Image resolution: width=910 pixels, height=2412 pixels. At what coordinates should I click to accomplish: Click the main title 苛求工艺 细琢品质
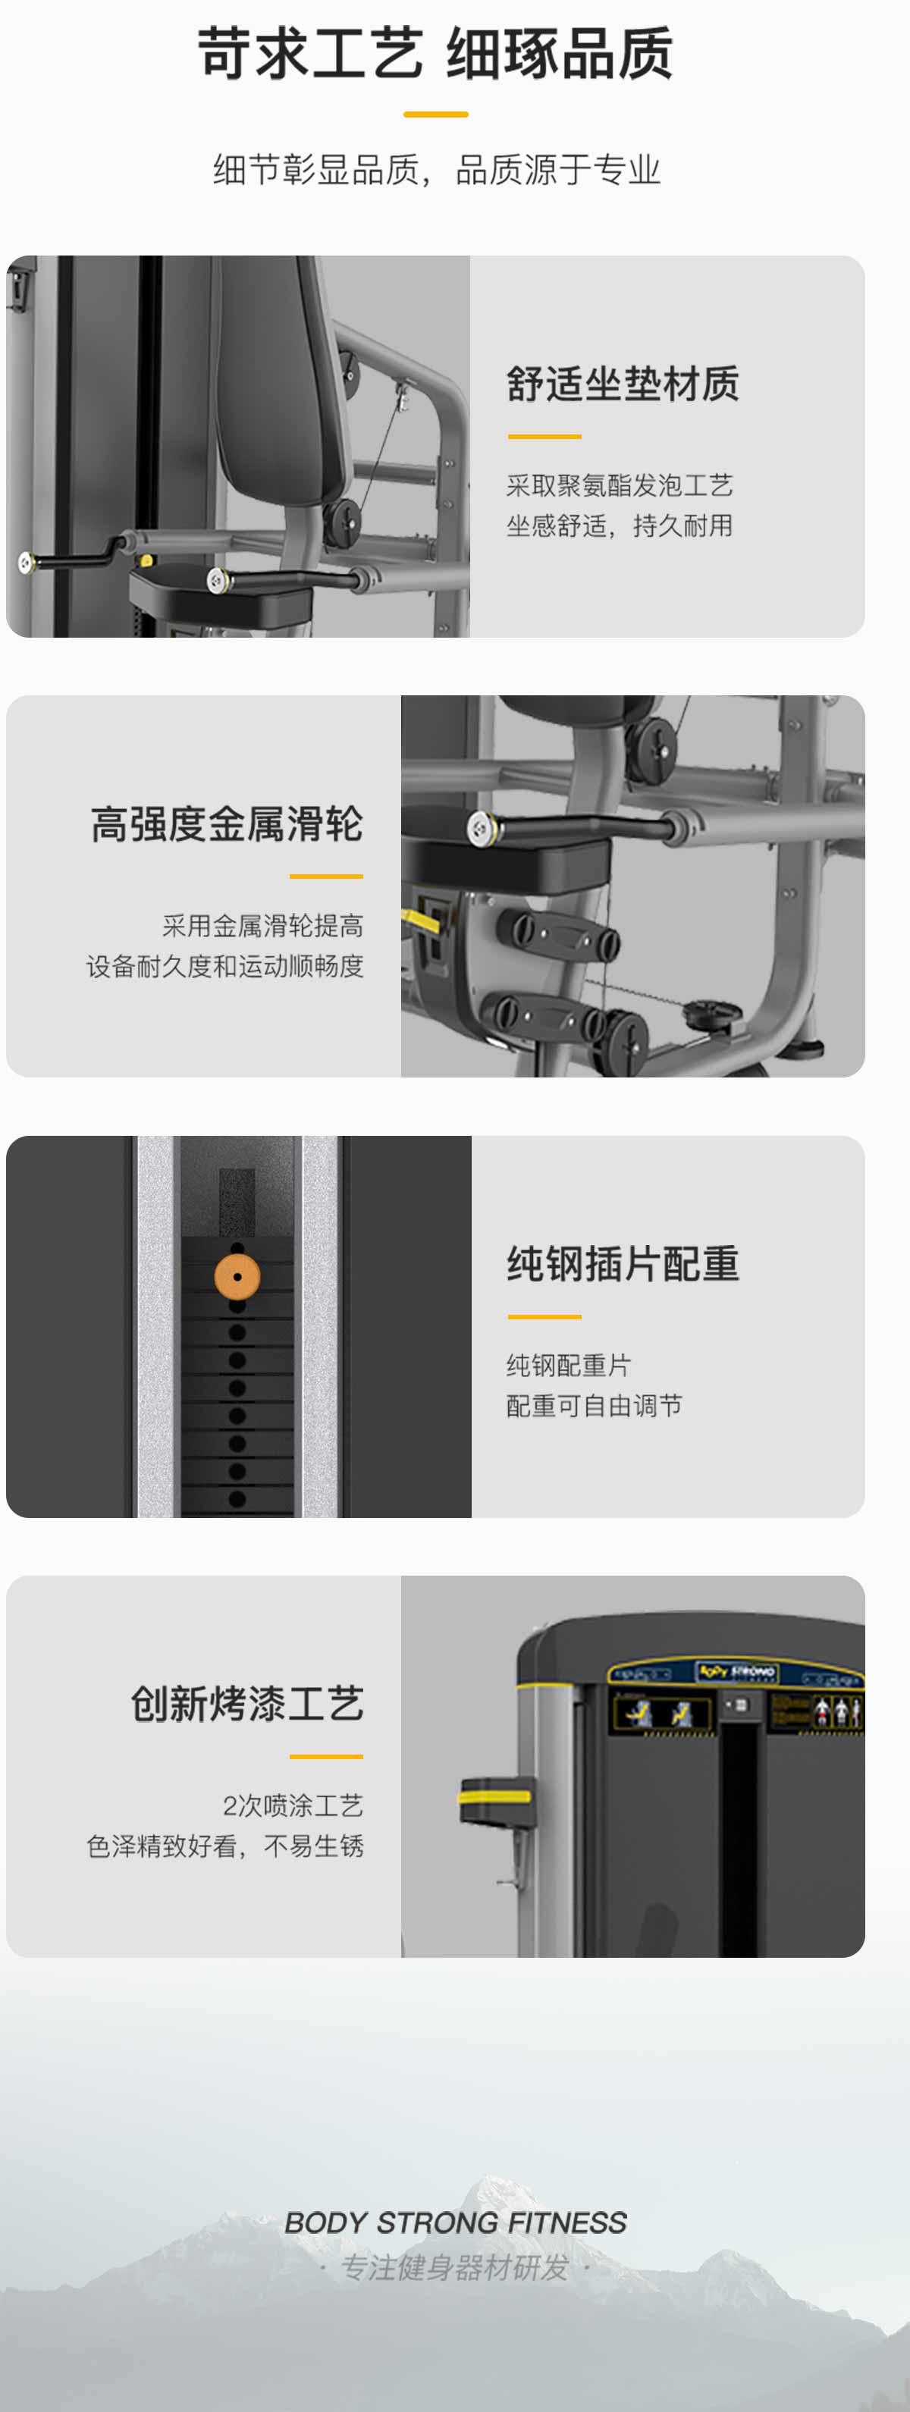[x=435, y=53]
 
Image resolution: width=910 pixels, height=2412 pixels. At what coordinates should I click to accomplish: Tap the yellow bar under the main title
[x=435, y=114]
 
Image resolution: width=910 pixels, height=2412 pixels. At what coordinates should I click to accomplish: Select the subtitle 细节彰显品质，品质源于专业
[x=436, y=170]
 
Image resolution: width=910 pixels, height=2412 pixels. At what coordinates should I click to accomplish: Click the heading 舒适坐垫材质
[x=623, y=384]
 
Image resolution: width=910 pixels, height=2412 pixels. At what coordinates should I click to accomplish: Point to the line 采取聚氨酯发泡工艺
[x=619, y=485]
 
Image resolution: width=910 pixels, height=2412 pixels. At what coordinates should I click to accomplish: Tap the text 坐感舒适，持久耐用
[x=619, y=525]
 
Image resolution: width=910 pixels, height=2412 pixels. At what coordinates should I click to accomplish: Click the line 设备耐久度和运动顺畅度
[x=224, y=965]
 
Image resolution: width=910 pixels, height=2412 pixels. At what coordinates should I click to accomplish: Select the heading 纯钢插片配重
[x=623, y=1264]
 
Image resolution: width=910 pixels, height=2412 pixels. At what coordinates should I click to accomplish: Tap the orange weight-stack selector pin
[x=237, y=1276]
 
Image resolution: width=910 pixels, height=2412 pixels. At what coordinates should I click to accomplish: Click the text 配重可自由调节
[x=594, y=1406]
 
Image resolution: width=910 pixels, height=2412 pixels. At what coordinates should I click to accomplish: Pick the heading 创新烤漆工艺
[x=247, y=1704]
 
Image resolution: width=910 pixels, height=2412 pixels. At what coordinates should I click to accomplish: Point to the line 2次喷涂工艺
[x=293, y=1805]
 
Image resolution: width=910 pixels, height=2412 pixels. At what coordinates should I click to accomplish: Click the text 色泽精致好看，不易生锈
[x=224, y=1846]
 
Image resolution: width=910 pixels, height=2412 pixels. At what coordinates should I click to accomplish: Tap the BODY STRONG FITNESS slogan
[x=455, y=2222]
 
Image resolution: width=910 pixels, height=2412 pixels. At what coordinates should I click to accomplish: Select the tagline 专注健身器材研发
[x=455, y=2267]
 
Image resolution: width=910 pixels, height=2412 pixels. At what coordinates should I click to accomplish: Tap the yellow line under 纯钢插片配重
[x=544, y=1316]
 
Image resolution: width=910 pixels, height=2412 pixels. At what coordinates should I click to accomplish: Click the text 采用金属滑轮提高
[x=262, y=925]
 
